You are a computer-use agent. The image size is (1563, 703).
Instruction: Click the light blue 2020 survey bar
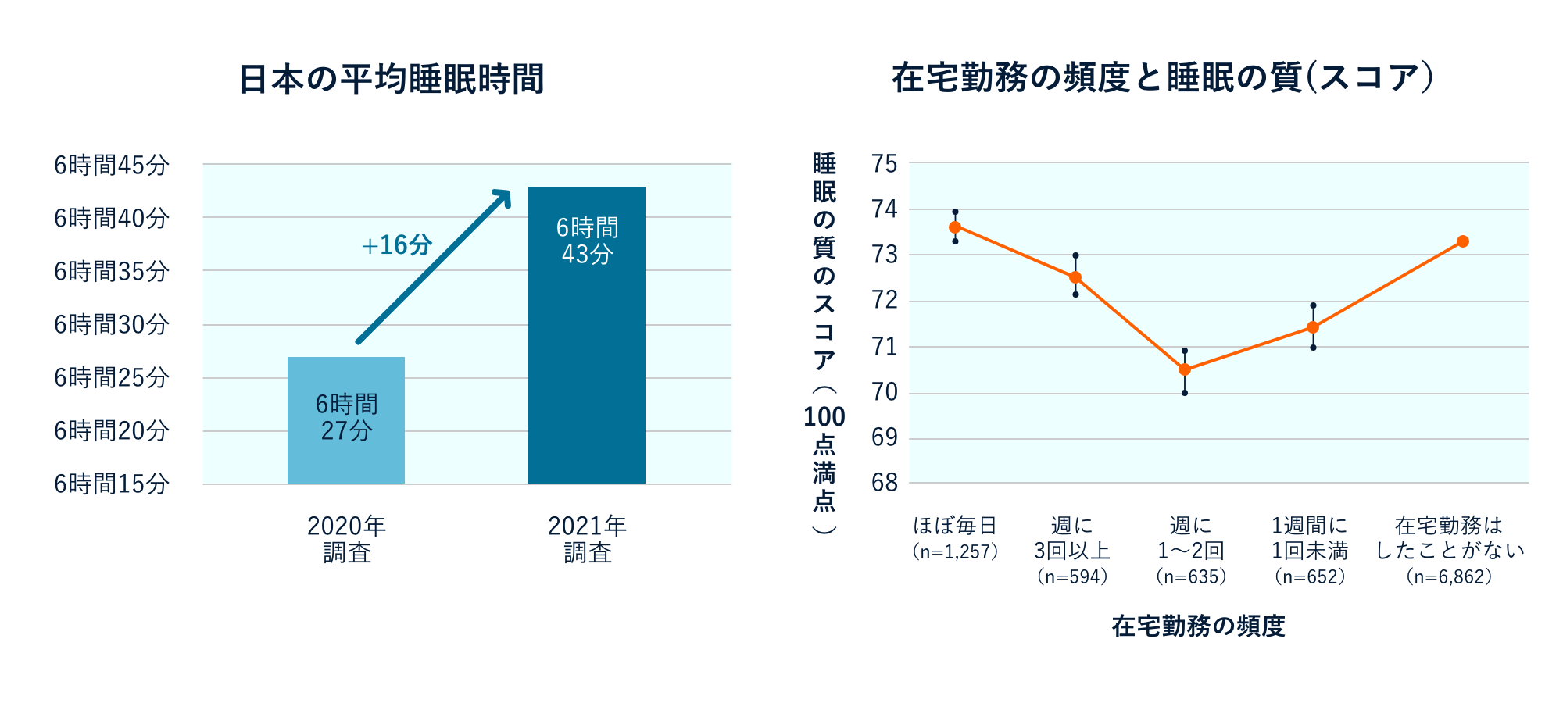point(345,419)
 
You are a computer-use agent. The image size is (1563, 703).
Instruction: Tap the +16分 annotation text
point(397,245)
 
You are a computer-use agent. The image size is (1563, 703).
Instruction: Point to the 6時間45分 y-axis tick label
point(112,165)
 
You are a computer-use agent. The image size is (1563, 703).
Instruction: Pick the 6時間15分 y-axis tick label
point(112,484)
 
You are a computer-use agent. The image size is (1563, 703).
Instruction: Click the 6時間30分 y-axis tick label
point(112,324)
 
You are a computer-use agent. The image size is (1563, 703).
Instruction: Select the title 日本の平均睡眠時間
point(391,79)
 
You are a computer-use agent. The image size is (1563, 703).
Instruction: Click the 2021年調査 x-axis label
point(587,539)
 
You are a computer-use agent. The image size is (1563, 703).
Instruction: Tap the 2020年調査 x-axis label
point(346,539)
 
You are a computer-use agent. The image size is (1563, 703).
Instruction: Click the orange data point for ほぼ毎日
point(955,227)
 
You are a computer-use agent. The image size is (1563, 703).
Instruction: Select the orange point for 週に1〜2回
point(1185,369)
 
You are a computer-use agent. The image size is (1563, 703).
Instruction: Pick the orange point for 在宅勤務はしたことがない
point(1463,241)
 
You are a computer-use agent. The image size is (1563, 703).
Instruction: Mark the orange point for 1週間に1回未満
point(1313,327)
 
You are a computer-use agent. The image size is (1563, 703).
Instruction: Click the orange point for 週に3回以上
point(1075,277)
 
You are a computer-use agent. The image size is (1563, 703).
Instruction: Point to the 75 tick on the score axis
point(885,164)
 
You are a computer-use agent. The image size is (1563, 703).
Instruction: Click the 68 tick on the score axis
point(885,483)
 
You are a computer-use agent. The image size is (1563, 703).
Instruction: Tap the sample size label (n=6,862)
point(1449,576)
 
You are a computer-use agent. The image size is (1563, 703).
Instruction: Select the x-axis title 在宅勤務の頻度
point(1198,626)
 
